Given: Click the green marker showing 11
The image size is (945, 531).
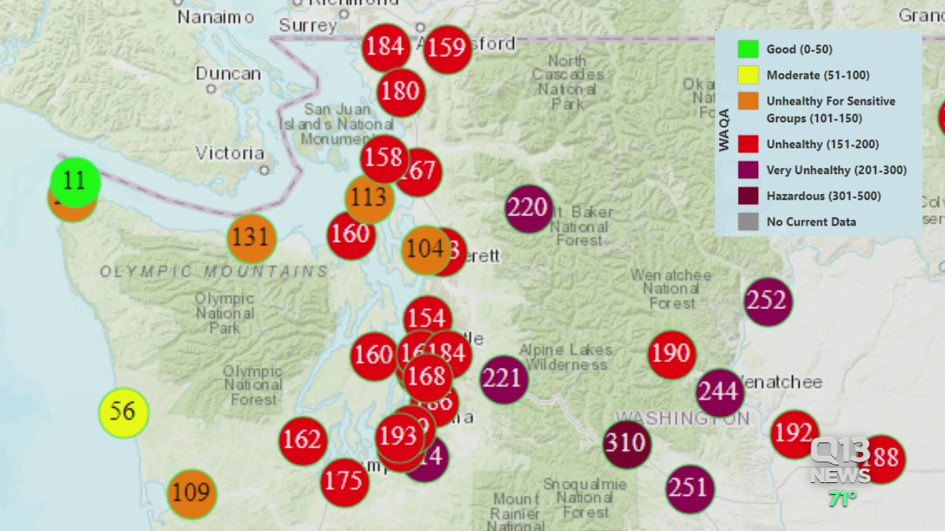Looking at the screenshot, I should pyautogui.click(x=75, y=181).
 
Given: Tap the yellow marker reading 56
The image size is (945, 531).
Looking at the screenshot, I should pyautogui.click(x=123, y=412).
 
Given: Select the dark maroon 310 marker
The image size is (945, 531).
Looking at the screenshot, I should pyautogui.click(x=626, y=444).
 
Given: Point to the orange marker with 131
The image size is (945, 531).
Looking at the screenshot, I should pyautogui.click(x=251, y=237).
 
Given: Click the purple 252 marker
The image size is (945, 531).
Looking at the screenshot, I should pyautogui.click(x=767, y=301).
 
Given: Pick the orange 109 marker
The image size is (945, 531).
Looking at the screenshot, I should pyautogui.click(x=191, y=493).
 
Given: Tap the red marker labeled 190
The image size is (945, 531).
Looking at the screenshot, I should pyautogui.click(x=671, y=354).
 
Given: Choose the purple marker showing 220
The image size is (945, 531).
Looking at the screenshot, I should pyautogui.click(x=529, y=209).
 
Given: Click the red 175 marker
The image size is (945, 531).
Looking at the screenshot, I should pyautogui.click(x=344, y=482).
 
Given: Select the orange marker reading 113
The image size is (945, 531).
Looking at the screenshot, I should pyautogui.click(x=368, y=198).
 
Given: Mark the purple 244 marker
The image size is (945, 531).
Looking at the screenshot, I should pyautogui.click(x=719, y=392).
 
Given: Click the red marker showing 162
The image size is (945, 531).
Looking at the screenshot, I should pyautogui.click(x=303, y=440).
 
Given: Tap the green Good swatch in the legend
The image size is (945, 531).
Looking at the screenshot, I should pyautogui.click(x=748, y=49).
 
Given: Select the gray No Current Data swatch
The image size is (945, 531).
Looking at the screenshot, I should pyautogui.click(x=748, y=221).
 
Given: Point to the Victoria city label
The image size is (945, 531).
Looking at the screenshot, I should pyautogui.click(x=230, y=153).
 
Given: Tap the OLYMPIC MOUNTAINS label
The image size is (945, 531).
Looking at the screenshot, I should pyautogui.click(x=214, y=272).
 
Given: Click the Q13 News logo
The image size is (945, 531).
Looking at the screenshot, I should pyautogui.click(x=840, y=461).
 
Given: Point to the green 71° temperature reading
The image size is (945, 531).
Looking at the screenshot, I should pyautogui.click(x=842, y=499).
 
